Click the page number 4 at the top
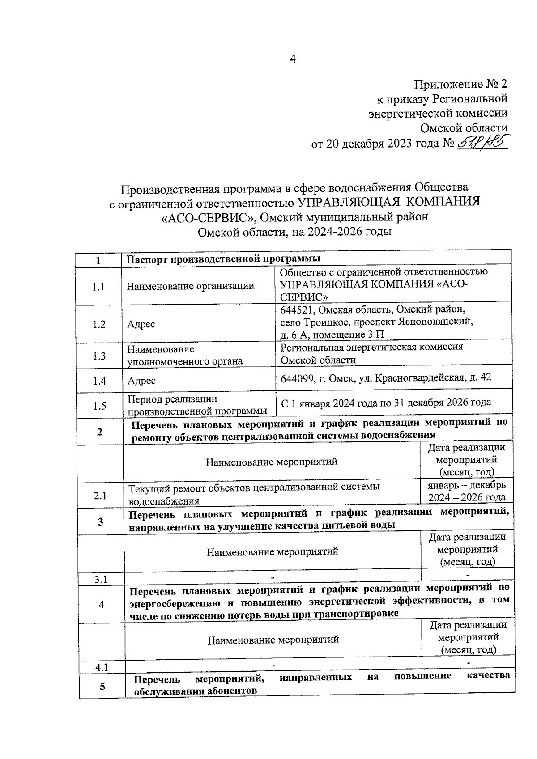pyautogui.click(x=293, y=59)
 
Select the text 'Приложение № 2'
pyautogui.click(x=461, y=84)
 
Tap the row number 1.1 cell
pyautogui.click(x=98, y=287)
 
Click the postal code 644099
pyautogui.click(x=297, y=378)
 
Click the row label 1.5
pyautogui.click(x=99, y=406)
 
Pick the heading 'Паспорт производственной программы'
pyautogui.click(x=223, y=259)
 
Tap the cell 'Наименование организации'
pyautogui.click(x=191, y=286)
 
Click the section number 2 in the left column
pyautogui.click(x=99, y=432)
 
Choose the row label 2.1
pyautogui.click(x=99, y=496)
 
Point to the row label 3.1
pyautogui.click(x=101, y=580)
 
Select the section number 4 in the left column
pyautogui.click(x=102, y=604)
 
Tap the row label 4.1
pyautogui.click(x=102, y=667)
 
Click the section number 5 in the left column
pyautogui.click(x=102, y=686)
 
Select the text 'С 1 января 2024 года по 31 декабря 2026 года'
pyautogui.click(x=386, y=402)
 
